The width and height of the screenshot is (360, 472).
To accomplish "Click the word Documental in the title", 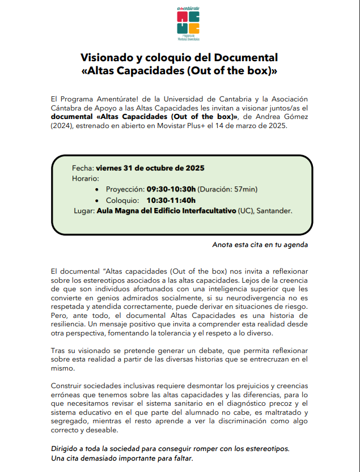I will point(244,58).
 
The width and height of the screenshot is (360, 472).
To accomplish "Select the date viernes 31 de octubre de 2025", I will point(150,168).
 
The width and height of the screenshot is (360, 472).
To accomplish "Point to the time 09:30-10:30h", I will point(171,189).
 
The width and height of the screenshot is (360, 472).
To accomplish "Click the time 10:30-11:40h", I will point(171,200).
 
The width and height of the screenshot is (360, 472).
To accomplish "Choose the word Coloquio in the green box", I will point(121,200).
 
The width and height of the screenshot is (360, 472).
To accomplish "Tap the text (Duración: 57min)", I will point(228,189).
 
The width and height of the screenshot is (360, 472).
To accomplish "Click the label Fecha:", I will point(83,168).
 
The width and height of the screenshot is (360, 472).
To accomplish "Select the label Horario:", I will point(86,178).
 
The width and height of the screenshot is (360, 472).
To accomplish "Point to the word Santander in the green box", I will point(274,211).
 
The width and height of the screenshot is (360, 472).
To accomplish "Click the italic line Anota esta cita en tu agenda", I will point(260,245).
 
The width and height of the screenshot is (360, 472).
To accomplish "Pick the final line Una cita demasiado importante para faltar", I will point(122,458).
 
